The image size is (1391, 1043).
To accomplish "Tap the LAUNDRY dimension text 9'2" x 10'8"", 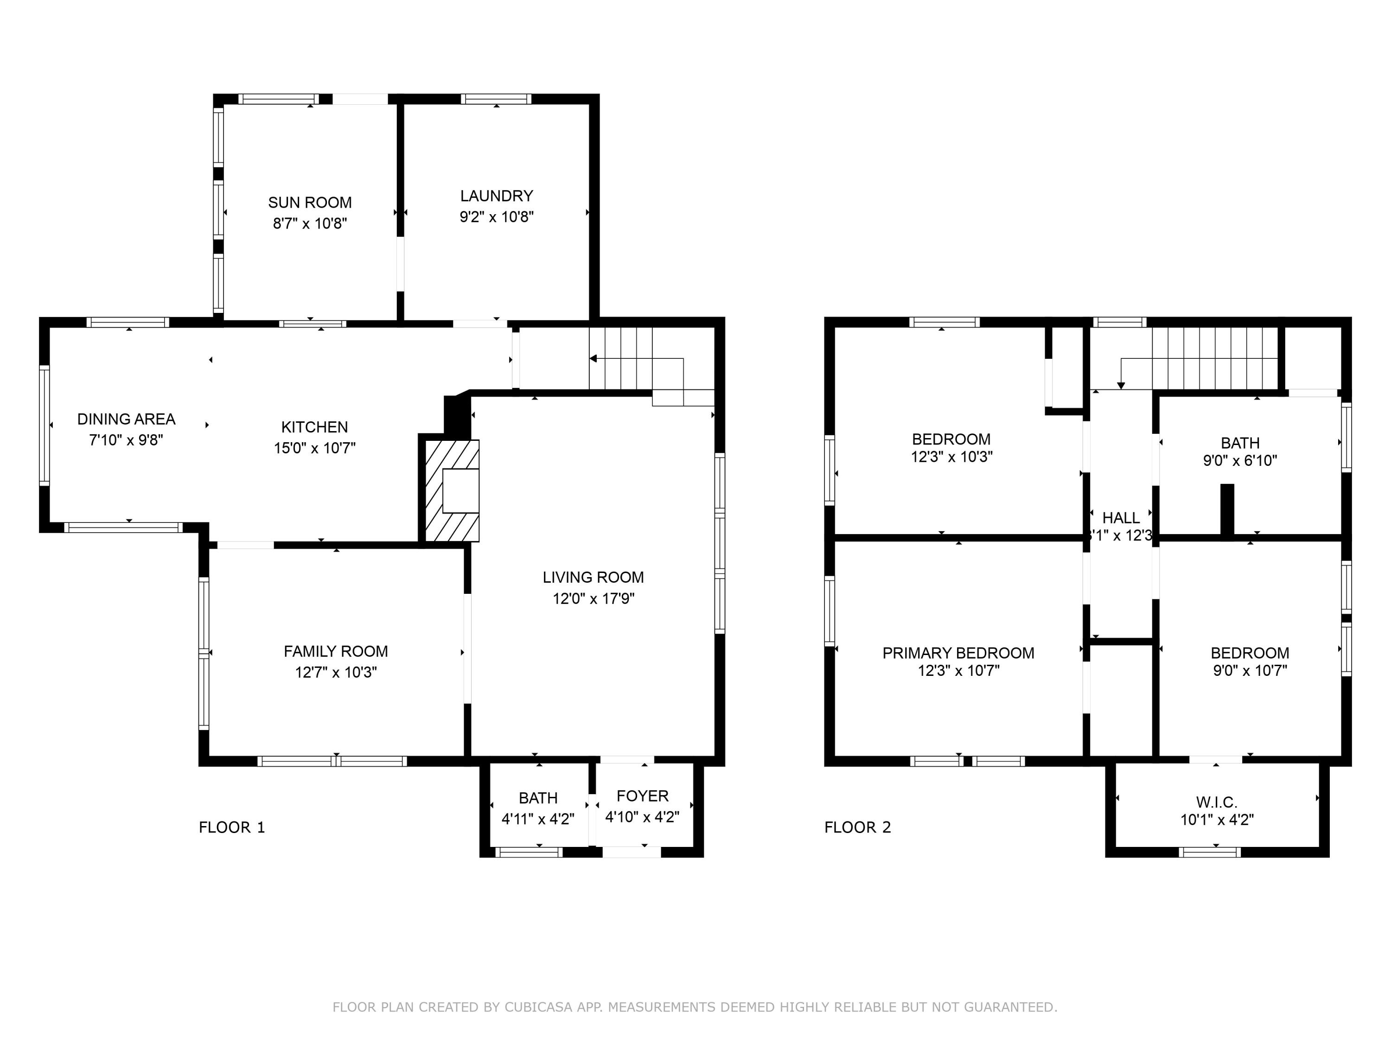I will (x=496, y=217).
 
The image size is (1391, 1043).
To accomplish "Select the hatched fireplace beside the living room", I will (x=452, y=490).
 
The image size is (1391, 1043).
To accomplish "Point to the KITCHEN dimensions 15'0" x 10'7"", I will (x=314, y=448).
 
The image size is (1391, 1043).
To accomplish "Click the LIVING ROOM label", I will (x=593, y=577).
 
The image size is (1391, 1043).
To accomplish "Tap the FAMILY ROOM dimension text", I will (x=336, y=673).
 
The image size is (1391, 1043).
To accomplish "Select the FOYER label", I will (x=642, y=796).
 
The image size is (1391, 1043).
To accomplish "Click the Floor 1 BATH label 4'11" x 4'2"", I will (x=538, y=808).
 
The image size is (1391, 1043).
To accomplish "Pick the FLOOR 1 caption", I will (x=231, y=827).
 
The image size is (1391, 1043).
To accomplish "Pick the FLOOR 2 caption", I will (x=857, y=827).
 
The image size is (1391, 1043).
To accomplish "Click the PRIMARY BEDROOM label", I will (x=958, y=653).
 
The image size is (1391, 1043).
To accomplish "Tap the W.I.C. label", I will (x=1216, y=802).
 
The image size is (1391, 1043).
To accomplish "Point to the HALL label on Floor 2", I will (x=1121, y=518).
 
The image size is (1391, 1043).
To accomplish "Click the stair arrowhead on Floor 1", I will (x=593, y=358).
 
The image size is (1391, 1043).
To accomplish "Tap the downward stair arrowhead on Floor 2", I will (x=1121, y=385).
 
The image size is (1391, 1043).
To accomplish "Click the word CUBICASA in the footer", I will (x=538, y=1007).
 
